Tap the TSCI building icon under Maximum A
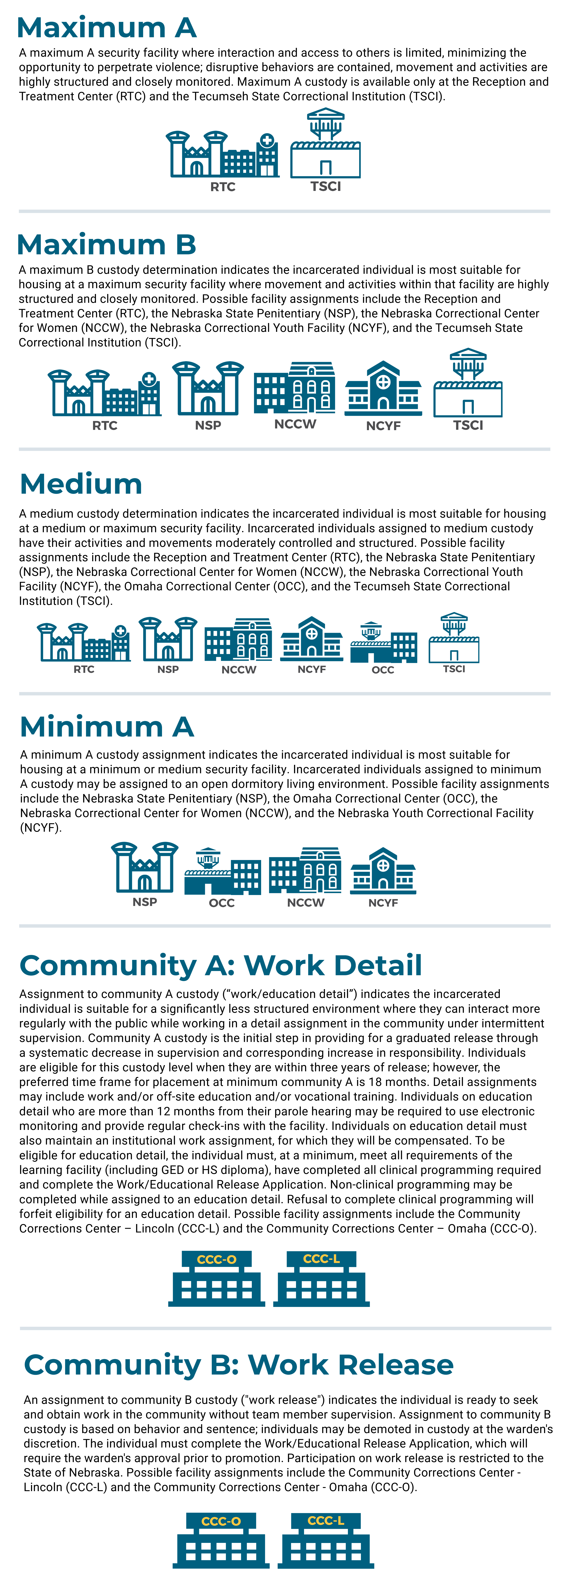point(325,145)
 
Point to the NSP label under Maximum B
point(208,425)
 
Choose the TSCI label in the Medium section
point(454,669)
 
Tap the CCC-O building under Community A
point(217,1279)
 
